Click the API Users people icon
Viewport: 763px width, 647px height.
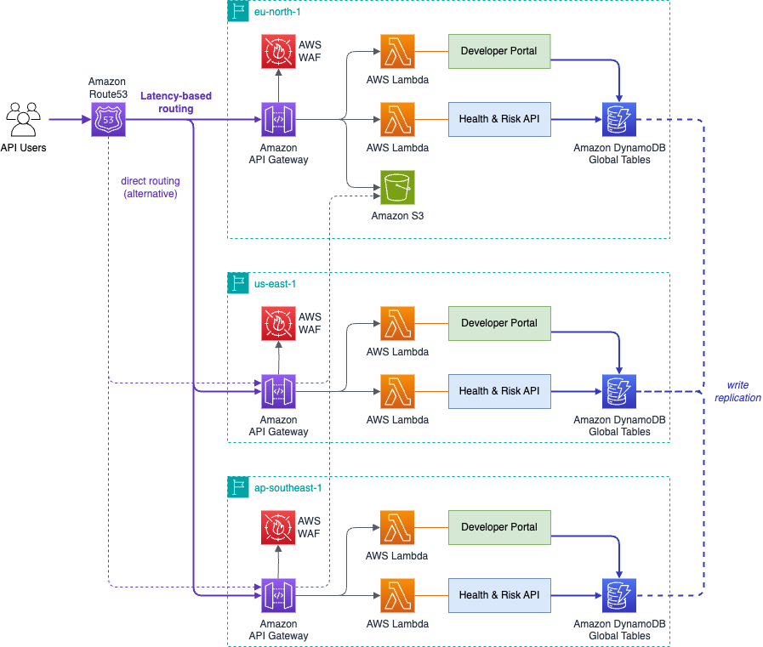pos(25,120)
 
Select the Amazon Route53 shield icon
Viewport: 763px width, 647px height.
pos(107,120)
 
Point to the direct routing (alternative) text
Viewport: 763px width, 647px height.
pos(150,187)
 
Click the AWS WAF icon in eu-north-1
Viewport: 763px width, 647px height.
pos(278,51)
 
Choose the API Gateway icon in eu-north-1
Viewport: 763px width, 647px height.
pos(278,120)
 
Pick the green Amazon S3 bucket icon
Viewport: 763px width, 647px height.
pos(397,188)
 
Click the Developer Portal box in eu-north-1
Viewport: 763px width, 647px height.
pos(498,51)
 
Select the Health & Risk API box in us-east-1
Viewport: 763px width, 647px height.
pos(498,391)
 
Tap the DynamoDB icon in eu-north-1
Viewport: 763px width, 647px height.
pos(618,120)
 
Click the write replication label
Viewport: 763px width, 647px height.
pos(737,391)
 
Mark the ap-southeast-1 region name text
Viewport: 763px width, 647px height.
pos(288,488)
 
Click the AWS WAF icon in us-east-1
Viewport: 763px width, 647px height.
pos(278,323)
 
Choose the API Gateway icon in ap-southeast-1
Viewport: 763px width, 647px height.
pos(278,595)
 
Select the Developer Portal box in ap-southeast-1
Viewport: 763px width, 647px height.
pos(498,527)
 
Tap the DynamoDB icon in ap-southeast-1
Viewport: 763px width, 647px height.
pos(618,595)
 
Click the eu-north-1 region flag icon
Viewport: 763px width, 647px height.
pos(238,11)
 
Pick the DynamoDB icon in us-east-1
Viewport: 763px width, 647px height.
pos(618,391)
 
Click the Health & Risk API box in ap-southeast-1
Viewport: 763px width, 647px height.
pos(498,595)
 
